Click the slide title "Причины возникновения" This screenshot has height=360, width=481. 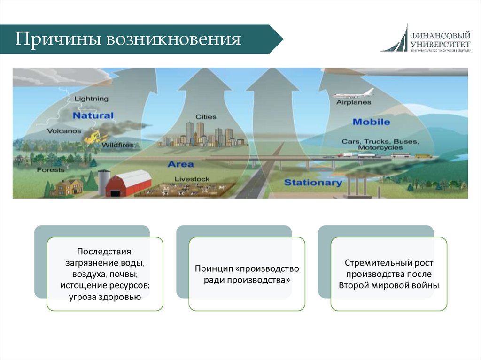point(128,39)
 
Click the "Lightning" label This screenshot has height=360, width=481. point(91,99)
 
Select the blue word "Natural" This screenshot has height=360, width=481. point(93,115)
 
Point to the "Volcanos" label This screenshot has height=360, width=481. point(64,131)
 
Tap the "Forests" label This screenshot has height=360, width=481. point(51,169)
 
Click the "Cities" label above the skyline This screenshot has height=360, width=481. point(206,117)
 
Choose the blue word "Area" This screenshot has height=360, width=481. point(180,164)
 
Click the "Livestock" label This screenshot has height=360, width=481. point(192,179)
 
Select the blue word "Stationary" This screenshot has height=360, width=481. point(313,182)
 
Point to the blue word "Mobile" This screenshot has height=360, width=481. point(371,122)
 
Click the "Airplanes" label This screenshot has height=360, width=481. point(354,102)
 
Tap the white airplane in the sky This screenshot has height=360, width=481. point(353,93)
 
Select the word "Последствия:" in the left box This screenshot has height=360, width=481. point(105,253)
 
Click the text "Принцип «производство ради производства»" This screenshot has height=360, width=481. point(247,275)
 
